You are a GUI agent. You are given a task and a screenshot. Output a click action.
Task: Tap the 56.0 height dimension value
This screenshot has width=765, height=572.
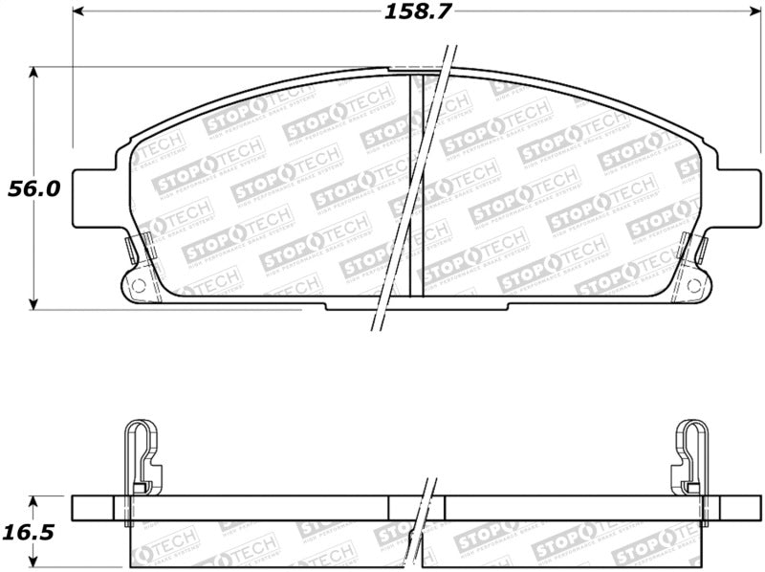[x=34, y=188]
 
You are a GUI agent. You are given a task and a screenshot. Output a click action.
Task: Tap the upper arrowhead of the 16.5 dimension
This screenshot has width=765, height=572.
[x=35, y=500]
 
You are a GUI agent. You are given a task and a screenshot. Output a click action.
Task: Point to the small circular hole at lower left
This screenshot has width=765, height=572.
[x=137, y=285]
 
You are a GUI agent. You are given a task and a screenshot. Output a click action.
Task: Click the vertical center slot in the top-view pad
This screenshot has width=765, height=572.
[x=416, y=187]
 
